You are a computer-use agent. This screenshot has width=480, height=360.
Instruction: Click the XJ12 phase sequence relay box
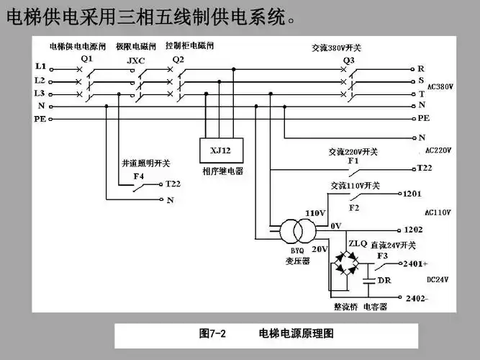(219, 150)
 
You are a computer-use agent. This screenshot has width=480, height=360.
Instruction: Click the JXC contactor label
(135, 60)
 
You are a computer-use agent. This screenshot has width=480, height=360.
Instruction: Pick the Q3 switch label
(349, 59)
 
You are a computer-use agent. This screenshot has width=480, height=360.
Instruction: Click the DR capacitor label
(384, 280)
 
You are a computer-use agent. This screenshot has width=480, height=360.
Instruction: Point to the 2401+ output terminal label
(419, 264)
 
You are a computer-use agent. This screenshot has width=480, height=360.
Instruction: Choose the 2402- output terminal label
(417, 298)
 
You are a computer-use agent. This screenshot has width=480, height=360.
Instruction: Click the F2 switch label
(354, 208)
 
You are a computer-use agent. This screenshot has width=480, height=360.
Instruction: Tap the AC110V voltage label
(438, 212)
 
